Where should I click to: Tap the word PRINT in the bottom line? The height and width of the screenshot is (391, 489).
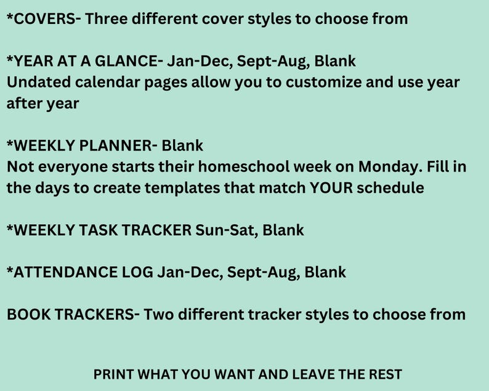tap(113, 374)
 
